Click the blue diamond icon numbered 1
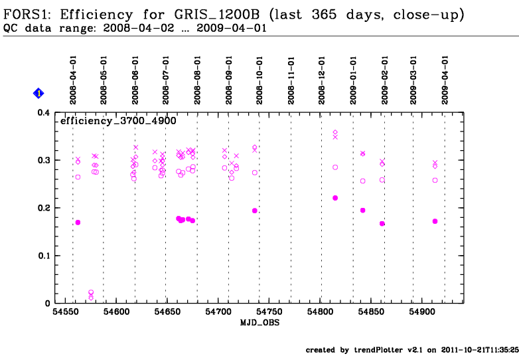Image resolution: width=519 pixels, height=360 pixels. click(38, 94)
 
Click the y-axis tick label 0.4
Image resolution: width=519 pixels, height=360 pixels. click(42, 113)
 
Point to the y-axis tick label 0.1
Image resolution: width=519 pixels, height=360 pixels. click(42, 256)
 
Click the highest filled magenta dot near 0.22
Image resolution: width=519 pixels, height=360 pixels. click(335, 198)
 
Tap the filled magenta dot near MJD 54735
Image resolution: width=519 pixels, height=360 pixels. click(254, 211)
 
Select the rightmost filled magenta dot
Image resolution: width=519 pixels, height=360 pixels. click(435, 221)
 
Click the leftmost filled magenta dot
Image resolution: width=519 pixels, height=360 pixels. click(78, 223)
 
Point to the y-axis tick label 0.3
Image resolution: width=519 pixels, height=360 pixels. click(42, 161)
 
